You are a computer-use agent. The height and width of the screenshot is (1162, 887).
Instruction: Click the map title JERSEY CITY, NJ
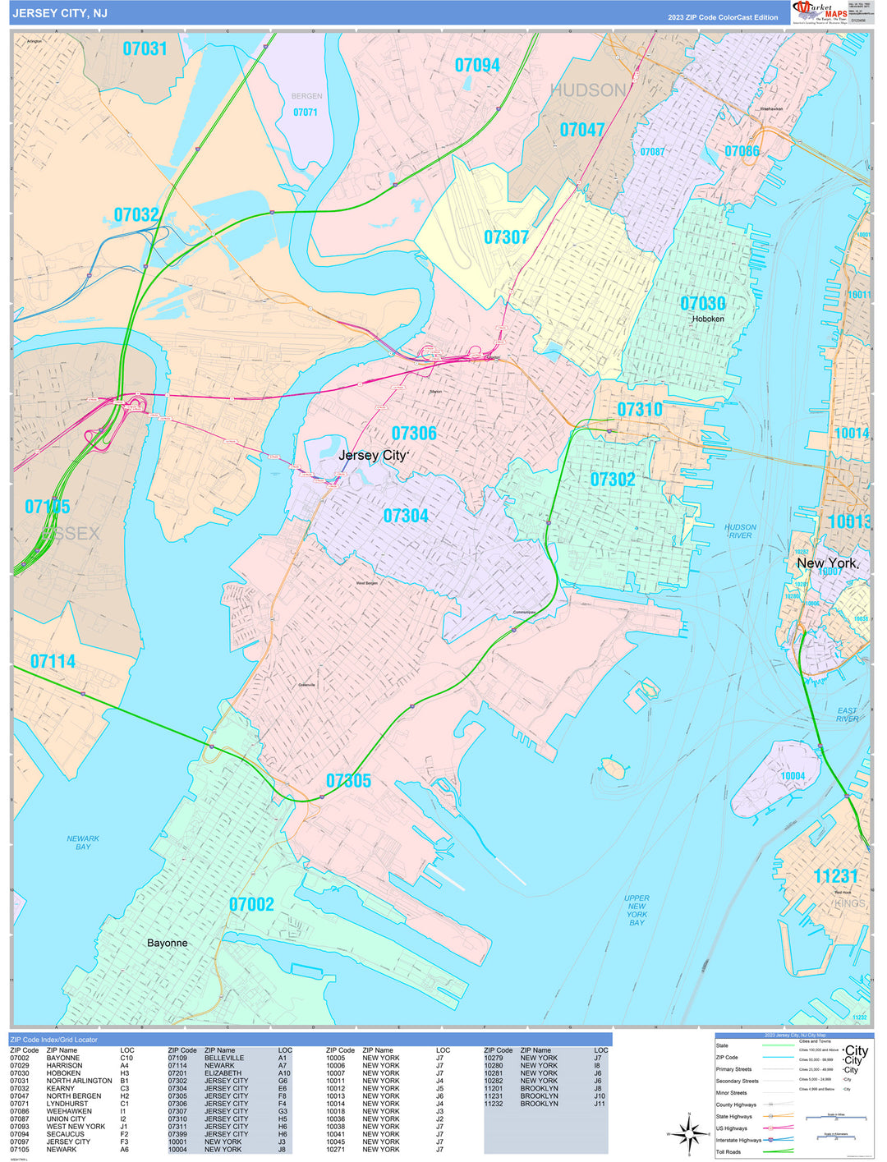pos(59,14)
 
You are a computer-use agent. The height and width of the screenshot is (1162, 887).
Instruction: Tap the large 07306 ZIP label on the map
pos(414,434)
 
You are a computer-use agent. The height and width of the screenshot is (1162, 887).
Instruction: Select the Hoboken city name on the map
pos(708,319)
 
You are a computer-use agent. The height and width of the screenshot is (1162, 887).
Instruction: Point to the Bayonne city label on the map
pos(167,943)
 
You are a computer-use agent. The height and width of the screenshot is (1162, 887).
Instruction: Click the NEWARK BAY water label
pos(83,843)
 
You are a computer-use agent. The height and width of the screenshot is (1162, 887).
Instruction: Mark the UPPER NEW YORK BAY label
pos(637,910)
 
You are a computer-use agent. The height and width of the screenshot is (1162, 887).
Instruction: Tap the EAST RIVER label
pos(847,714)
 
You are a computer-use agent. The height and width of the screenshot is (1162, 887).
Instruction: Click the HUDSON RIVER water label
pos(740,531)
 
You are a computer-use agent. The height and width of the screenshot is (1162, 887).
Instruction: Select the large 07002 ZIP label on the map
pos(251,904)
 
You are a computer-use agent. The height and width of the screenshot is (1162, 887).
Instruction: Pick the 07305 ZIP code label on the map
pos(348,781)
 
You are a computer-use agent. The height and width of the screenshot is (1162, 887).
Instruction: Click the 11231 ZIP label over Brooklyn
pos(835,876)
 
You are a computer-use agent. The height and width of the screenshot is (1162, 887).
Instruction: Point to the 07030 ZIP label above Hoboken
pos(702,304)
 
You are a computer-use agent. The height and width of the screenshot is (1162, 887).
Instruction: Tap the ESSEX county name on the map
pos(70,534)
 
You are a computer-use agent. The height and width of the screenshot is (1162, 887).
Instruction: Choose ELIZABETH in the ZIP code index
pos(223,1073)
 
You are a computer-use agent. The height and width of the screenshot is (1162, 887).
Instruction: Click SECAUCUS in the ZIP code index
pos(65,1134)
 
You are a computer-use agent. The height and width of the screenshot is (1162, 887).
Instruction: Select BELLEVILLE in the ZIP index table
pos(224,1058)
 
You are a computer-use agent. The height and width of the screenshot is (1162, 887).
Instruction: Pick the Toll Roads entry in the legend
pos(728,1152)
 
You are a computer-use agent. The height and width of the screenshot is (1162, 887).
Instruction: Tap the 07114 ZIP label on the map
pos(53,661)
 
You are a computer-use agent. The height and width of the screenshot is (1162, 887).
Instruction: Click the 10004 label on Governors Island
pos(793,776)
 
